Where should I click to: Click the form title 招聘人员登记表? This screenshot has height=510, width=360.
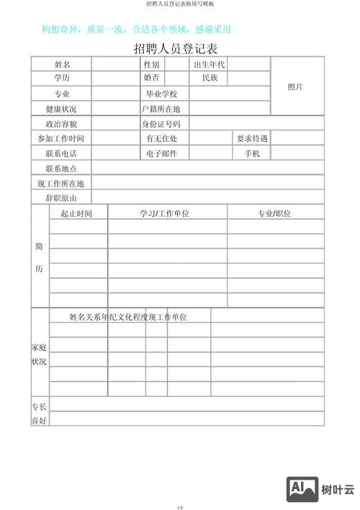click(x=176, y=50)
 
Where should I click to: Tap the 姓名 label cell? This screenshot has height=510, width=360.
click(x=62, y=65)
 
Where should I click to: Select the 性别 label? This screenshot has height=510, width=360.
click(x=152, y=65)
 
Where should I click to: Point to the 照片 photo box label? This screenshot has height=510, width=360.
click(x=295, y=86)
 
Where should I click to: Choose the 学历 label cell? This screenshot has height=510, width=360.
click(x=62, y=78)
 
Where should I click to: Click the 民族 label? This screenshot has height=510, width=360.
click(x=210, y=78)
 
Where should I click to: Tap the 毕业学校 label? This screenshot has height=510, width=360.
click(x=161, y=94)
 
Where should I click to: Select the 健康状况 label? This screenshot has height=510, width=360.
click(x=61, y=109)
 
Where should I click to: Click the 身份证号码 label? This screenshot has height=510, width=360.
click(x=161, y=124)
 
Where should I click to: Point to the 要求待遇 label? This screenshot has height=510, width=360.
click(x=252, y=138)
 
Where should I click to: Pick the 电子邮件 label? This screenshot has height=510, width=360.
click(x=161, y=153)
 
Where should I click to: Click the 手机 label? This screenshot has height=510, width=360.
click(x=252, y=153)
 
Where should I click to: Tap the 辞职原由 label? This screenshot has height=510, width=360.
click(x=61, y=197)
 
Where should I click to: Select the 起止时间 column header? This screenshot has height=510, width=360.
click(x=76, y=213)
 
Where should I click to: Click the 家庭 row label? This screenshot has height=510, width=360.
click(x=39, y=347)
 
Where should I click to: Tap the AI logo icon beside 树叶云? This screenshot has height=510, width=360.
click(x=302, y=490)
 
